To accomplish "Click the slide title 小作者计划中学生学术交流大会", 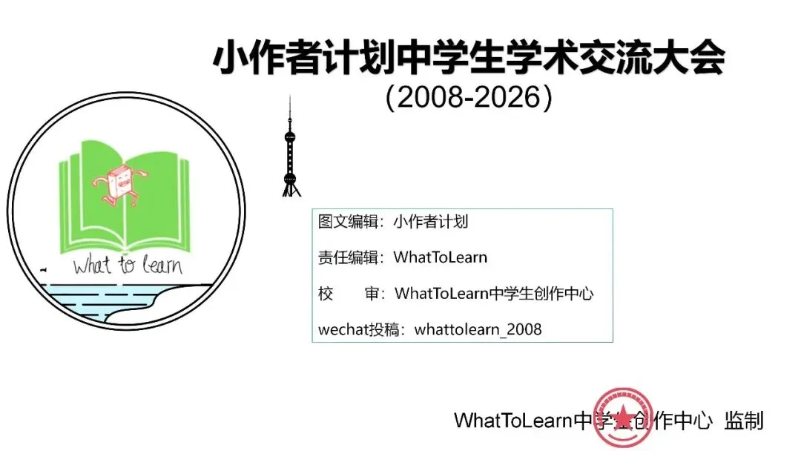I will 469,59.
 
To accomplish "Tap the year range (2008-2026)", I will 469,98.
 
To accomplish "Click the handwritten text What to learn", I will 128,265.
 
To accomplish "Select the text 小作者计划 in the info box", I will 430,222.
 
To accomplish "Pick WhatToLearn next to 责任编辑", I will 441,257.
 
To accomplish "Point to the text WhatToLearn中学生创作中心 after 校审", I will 494,293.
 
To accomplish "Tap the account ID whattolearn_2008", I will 478,329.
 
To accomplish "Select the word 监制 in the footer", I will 744,421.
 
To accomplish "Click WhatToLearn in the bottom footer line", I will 513,421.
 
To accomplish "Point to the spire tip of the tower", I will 291,99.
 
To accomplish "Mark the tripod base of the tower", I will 291,190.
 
